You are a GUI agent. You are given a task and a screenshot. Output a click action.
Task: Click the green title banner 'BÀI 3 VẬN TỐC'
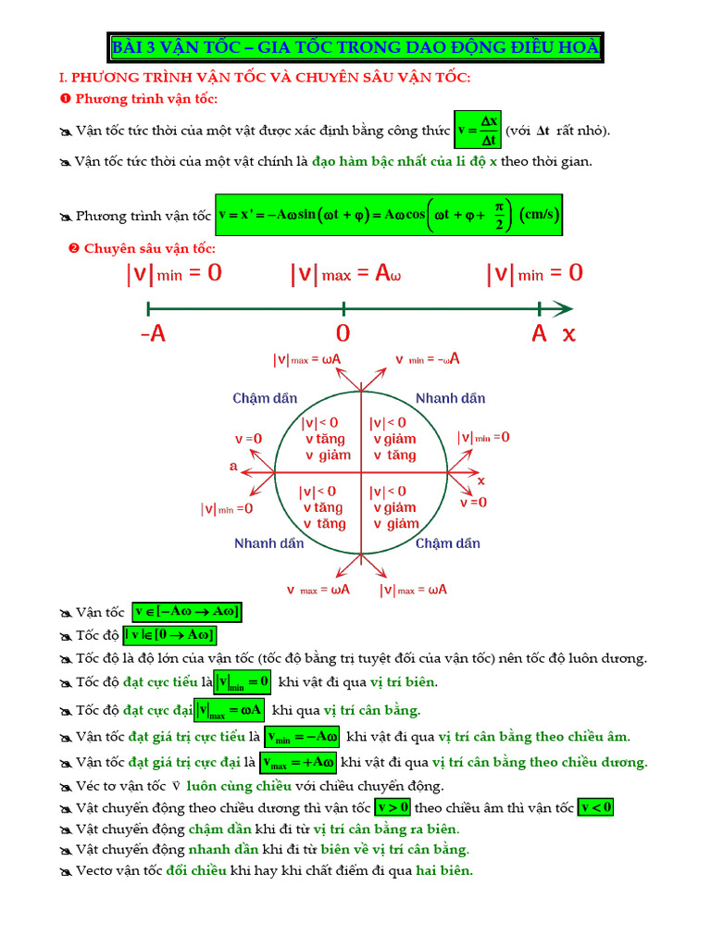tap(355, 47)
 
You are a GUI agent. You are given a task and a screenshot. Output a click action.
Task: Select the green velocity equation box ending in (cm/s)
tap(389, 215)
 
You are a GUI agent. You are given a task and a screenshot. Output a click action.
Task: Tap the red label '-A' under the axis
tap(154, 334)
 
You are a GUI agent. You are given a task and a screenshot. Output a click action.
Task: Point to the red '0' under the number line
tap(343, 334)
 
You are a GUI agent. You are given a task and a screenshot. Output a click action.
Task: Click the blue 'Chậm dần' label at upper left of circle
tap(265, 398)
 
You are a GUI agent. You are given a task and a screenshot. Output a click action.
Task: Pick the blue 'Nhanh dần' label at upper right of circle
tap(450, 398)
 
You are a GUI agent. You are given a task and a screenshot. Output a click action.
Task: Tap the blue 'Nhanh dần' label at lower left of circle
tap(268, 543)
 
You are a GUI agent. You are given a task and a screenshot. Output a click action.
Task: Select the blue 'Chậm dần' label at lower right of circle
tap(448, 543)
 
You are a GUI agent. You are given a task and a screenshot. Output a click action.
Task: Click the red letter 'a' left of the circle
tap(233, 467)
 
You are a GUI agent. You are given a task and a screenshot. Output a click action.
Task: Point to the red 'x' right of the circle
tap(481, 480)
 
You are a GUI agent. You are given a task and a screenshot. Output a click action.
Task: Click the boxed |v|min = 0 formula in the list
tap(243, 683)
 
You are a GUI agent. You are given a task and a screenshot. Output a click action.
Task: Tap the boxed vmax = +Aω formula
tap(298, 762)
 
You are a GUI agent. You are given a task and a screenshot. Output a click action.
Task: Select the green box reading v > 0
tap(399, 806)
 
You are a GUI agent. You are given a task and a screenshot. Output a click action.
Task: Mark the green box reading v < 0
tap(595, 806)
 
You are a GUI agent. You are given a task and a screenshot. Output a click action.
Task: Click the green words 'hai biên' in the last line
tap(444, 870)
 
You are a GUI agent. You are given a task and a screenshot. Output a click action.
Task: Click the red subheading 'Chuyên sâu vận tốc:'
tap(149, 248)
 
